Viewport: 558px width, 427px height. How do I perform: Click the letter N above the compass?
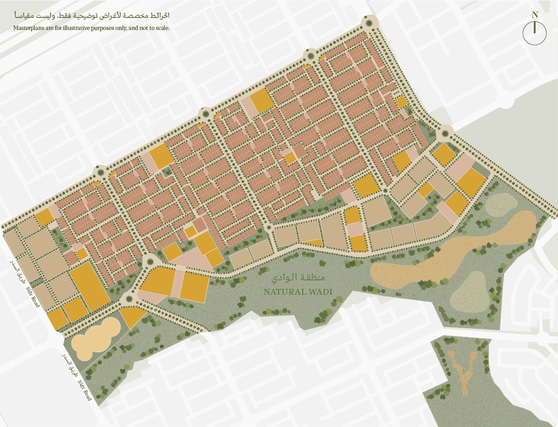(x=535, y=15)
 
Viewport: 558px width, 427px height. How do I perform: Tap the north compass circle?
(x=535, y=34)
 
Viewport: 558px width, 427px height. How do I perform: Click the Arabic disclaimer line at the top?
(x=92, y=16)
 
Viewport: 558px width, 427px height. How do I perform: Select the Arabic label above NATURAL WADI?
(x=298, y=278)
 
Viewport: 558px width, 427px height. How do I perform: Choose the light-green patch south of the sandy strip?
(x=469, y=293)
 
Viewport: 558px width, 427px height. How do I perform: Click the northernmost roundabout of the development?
(x=369, y=23)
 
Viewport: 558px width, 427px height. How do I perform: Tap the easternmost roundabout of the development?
(x=445, y=133)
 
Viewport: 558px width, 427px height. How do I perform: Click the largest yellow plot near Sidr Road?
(x=89, y=286)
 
